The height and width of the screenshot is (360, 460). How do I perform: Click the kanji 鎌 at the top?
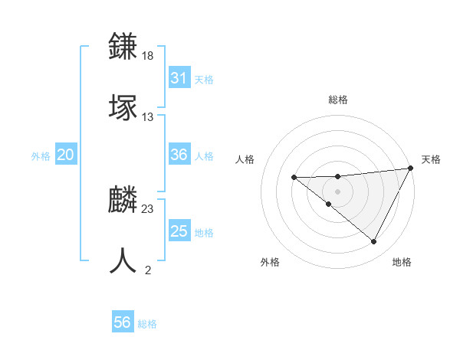click(124, 47)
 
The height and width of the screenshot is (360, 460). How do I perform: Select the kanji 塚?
click(124, 106)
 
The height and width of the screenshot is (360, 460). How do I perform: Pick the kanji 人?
click(124, 260)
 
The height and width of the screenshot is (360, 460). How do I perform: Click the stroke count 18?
click(149, 56)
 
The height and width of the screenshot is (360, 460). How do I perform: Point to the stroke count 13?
click(149, 116)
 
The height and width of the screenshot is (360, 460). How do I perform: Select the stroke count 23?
click(149, 208)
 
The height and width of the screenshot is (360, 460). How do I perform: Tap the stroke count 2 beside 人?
click(148, 270)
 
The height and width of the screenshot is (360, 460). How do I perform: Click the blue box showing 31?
click(179, 78)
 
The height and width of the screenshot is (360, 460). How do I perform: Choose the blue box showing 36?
click(179, 155)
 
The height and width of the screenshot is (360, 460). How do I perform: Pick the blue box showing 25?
click(179, 231)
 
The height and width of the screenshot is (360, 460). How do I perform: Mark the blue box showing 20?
click(66, 155)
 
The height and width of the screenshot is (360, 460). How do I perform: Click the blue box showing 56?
click(123, 322)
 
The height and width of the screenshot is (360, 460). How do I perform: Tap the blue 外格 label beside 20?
click(41, 155)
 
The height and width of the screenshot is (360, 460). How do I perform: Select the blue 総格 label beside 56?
click(147, 324)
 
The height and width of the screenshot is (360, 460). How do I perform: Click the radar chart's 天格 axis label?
click(431, 159)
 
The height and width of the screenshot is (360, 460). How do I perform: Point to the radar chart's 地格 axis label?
click(402, 262)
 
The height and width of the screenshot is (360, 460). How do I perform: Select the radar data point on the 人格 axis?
click(294, 178)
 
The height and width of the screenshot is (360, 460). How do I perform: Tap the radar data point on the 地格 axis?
click(374, 242)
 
